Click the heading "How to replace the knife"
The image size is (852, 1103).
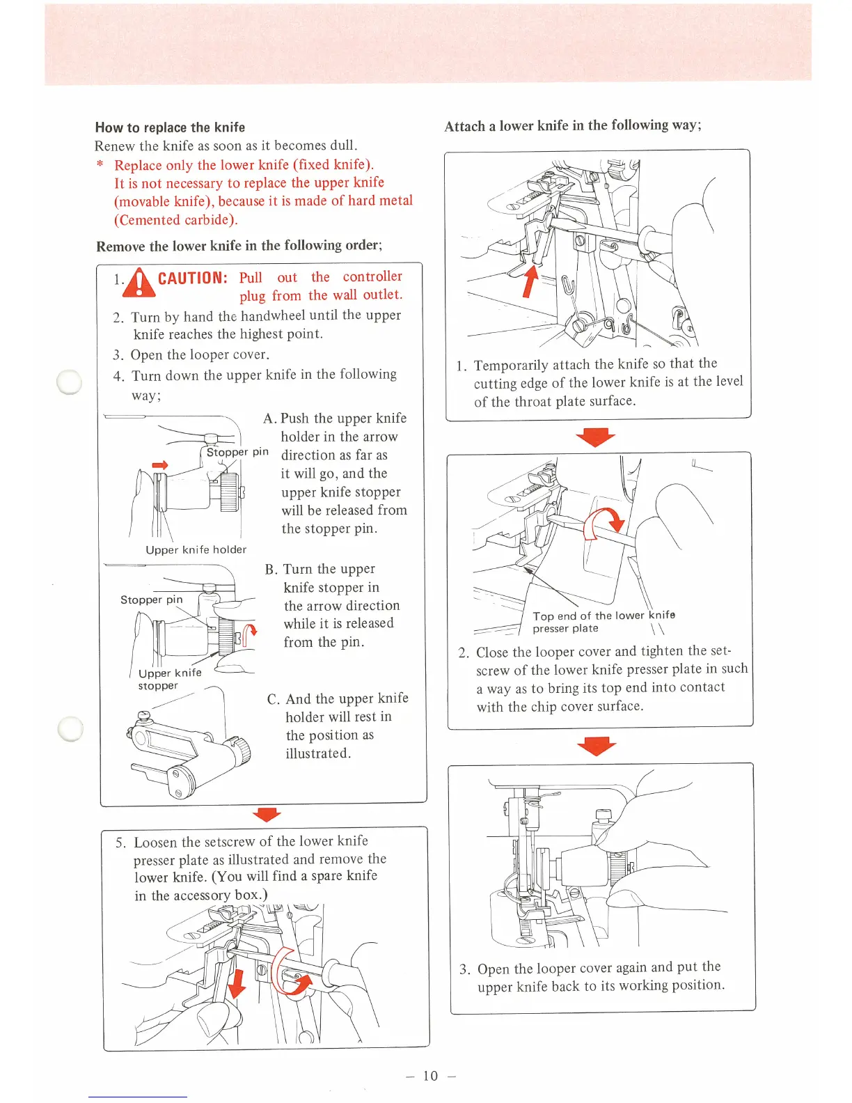point(170,127)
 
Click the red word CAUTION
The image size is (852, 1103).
point(193,279)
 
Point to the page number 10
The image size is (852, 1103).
point(431,1076)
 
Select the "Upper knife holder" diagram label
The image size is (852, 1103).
point(196,549)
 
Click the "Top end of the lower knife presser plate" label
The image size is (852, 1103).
point(603,621)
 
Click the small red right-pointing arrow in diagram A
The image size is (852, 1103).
point(160,465)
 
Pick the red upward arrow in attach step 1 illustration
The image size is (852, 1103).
point(530,281)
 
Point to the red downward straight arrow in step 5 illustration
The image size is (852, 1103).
point(237,983)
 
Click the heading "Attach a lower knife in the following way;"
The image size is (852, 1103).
point(573,125)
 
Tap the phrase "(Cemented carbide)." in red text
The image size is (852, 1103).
point(176,220)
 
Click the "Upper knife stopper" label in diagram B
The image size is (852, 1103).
point(169,679)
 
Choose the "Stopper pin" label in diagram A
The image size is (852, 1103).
point(237,452)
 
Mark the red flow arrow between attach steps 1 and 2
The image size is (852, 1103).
point(597,437)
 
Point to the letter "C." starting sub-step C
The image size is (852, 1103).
point(274,699)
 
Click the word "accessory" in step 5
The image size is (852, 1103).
point(201,895)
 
